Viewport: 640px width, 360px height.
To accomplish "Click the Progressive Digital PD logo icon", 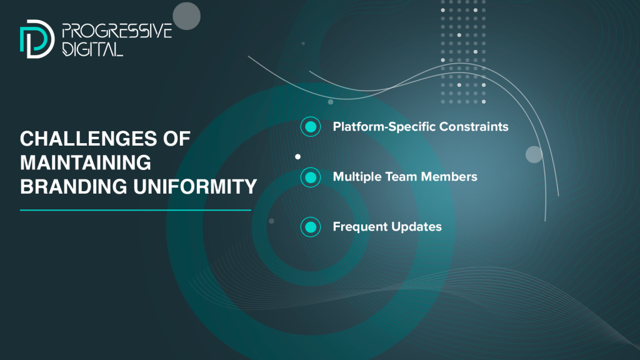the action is coord(37,39).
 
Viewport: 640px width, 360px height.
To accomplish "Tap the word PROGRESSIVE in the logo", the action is coord(117,31).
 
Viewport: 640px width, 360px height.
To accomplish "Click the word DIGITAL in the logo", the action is coord(92,49).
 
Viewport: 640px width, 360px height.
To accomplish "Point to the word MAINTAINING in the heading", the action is coord(86,162).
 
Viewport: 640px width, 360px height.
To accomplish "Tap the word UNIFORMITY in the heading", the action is coord(195,186).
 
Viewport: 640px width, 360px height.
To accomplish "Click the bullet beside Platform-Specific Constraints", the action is coord(311,126).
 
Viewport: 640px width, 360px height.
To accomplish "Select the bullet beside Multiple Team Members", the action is coord(311,177).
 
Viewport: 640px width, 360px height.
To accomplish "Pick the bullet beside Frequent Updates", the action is coord(311,227).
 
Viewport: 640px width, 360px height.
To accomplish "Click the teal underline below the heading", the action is coord(136,210).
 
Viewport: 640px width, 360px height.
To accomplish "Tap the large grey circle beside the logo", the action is coord(186,16).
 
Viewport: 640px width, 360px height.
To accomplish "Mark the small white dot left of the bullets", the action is coord(298,157).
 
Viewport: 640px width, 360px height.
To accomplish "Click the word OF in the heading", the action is coord(177,139).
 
